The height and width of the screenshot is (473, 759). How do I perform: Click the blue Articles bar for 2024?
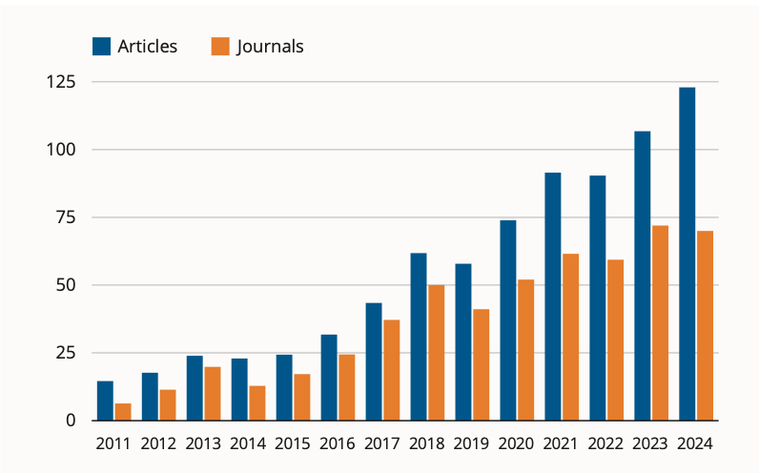click(x=687, y=254)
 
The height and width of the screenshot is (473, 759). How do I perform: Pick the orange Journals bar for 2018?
click(x=436, y=352)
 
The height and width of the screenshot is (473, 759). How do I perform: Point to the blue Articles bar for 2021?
click(x=552, y=296)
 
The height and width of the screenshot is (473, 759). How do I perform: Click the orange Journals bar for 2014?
click(x=256, y=402)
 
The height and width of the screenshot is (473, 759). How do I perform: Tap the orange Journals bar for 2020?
click(x=525, y=349)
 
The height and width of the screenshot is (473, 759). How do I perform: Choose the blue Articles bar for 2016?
click(x=329, y=377)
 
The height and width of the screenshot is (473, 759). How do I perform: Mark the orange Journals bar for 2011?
click(x=123, y=411)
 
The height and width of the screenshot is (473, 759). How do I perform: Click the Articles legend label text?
click(x=147, y=46)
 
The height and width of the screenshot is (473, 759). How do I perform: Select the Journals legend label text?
click(x=270, y=46)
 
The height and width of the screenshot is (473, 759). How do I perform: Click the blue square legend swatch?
click(x=101, y=46)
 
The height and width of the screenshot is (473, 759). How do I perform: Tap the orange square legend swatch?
click(x=219, y=46)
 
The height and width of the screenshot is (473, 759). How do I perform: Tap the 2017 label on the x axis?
click(x=382, y=443)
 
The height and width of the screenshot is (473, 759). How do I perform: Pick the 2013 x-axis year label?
click(x=203, y=443)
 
